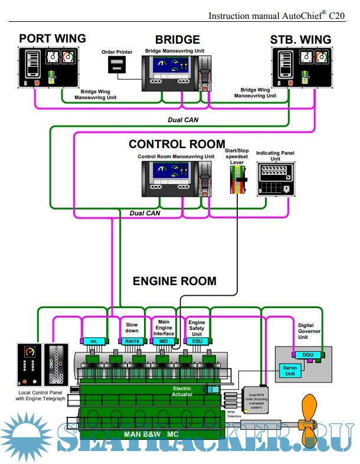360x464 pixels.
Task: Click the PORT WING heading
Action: point(52,39)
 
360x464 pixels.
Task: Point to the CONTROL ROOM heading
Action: point(176,145)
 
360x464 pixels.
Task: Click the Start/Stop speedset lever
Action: point(237,178)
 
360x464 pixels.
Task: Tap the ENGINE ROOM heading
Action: point(174,281)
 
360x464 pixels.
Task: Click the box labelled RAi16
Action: point(132,341)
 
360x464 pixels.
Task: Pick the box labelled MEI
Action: point(164,341)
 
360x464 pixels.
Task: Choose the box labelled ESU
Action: point(197,341)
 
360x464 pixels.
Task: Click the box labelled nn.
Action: point(93,341)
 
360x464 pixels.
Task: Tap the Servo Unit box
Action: point(289,371)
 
